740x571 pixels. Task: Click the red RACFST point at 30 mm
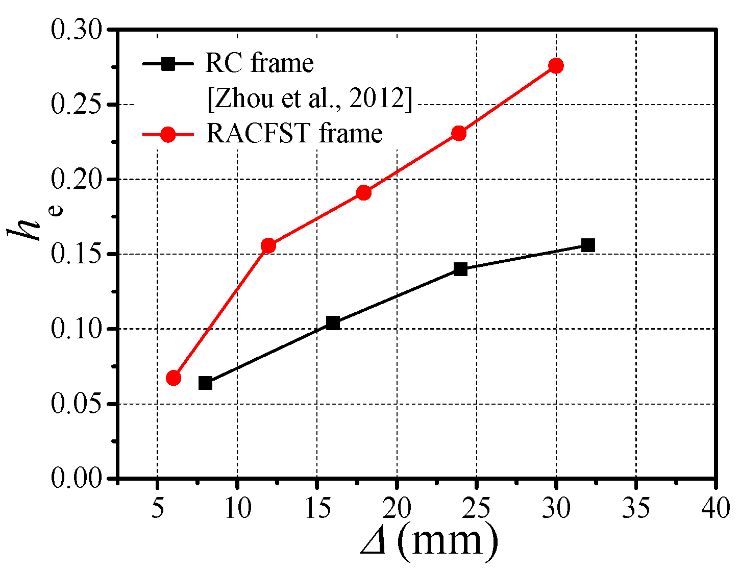(x=556, y=66)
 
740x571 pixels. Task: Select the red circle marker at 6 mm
(x=174, y=378)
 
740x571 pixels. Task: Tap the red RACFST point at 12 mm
(x=268, y=245)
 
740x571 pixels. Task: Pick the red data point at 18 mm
(x=364, y=193)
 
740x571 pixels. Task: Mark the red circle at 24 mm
(x=459, y=134)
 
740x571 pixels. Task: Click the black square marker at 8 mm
(x=205, y=383)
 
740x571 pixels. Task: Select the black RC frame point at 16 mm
(x=333, y=322)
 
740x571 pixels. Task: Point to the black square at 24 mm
(x=460, y=269)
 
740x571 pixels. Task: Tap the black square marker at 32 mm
(x=588, y=245)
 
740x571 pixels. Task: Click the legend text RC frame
(x=259, y=63)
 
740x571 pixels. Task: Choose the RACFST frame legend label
(x=294, y=134)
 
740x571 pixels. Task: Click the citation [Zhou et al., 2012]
(x=309, y=98)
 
